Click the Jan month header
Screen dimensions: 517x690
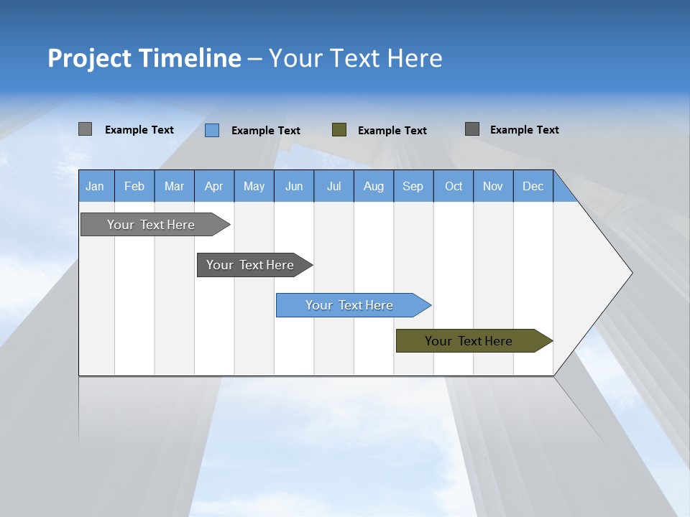pyautogui.click(x=95, y=186)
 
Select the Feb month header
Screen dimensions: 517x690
pyautogui.click(x=134, y=186)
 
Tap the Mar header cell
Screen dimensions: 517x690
pyautogui.click(x=174, y=186)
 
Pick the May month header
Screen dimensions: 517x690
pyautogui.click(x=254, y=186)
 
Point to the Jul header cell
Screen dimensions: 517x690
pyautogui.click(x=333, y=186)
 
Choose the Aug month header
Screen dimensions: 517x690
pyautogui.click(x=373, y=186)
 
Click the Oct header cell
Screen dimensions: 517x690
pyautogui.click(x=454, y=186)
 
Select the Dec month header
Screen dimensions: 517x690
pyautogui.click(x=533, y=186)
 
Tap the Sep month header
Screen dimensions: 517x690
pyautogui.click(x=413, y=186)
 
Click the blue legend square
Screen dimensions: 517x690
pyautogui.click(x=212, y=130)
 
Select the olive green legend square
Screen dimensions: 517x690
pyautogui.click(x=339, y=129)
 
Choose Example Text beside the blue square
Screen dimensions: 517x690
pyautogui.click(x=265, y=131)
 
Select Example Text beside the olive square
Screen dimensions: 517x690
pyautogui.click(x=392, y=131)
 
